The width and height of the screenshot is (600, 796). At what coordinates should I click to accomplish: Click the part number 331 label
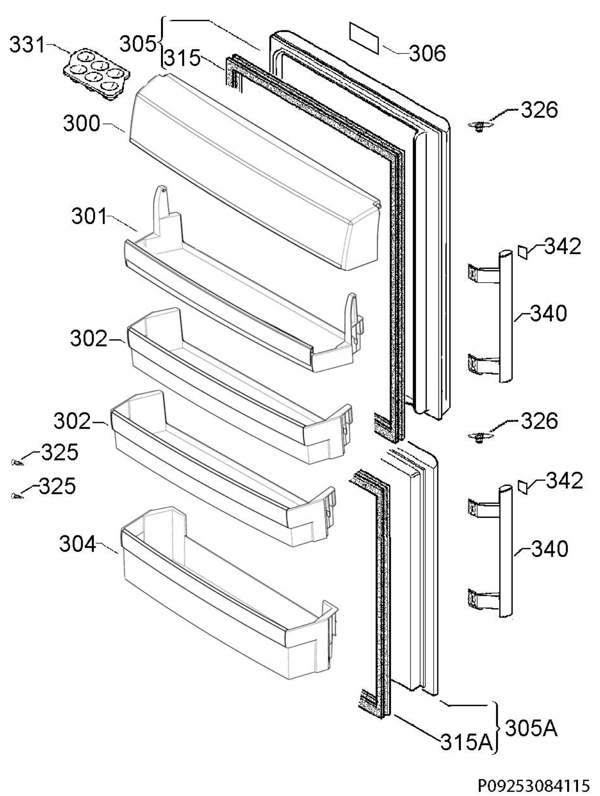click(x=28, y=45)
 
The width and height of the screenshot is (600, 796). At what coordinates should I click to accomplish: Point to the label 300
click(x=82, y=123)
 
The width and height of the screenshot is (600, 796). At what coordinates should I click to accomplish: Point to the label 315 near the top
click(x=183, y=58)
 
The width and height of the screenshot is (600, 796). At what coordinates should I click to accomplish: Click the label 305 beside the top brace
click(x=138, y=44)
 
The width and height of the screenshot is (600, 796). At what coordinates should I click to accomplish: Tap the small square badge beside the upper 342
click(x=523, y=251)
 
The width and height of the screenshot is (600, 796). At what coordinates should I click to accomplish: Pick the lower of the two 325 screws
click(x=17, y=496)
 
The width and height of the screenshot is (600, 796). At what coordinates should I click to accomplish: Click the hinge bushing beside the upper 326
click(x=479, y=126)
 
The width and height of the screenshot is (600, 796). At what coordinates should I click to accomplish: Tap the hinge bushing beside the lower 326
click(x=479, y=437)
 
